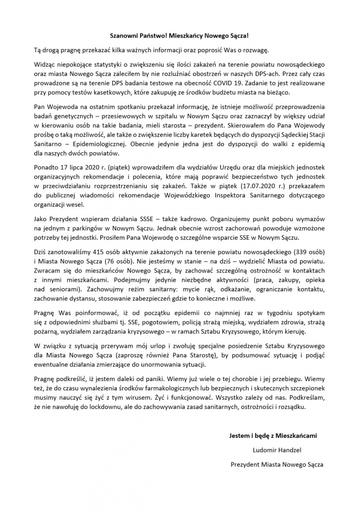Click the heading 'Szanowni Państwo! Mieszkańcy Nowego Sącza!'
pos(180,34)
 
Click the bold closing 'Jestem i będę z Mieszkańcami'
pos(275,435)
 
